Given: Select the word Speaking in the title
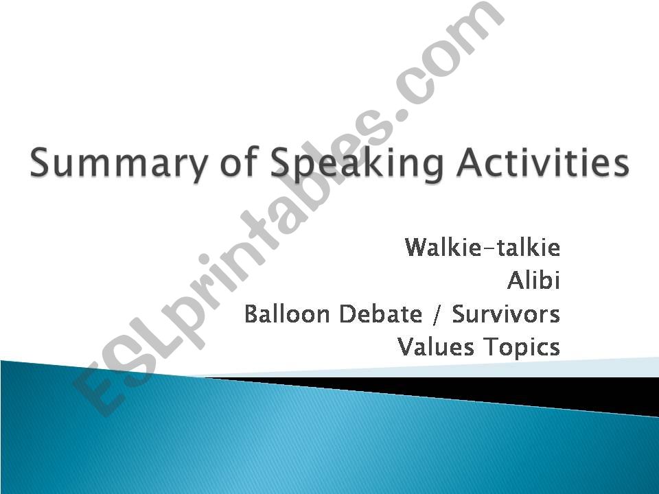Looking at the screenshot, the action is pos(357,163).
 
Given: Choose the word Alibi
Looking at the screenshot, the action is pos(534,280).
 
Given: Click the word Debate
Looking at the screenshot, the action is pos(380,314).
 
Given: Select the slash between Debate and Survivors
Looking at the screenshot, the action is pos(437,314).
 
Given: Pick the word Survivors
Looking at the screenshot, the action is pos(506,314).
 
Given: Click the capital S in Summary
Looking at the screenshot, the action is pos(41,163).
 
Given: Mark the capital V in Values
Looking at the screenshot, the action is pos(406,347).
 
